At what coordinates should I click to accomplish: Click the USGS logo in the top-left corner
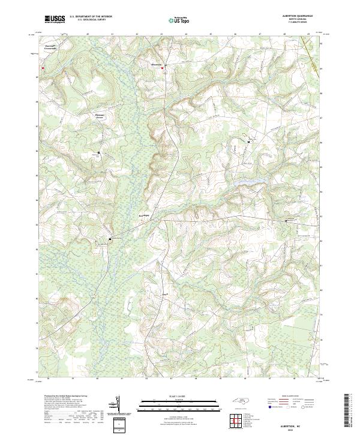tap(55, 19)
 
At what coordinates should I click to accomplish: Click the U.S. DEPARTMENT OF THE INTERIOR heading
tap(91, 16)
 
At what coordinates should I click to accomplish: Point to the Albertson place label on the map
tap(156, 63)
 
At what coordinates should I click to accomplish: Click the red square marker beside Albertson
tap(163, 68)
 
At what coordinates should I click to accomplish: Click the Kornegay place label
tap(143, 214)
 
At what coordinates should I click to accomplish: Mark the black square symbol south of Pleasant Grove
tap(98, 153)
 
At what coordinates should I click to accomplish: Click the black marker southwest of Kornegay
tap(110, 238)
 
